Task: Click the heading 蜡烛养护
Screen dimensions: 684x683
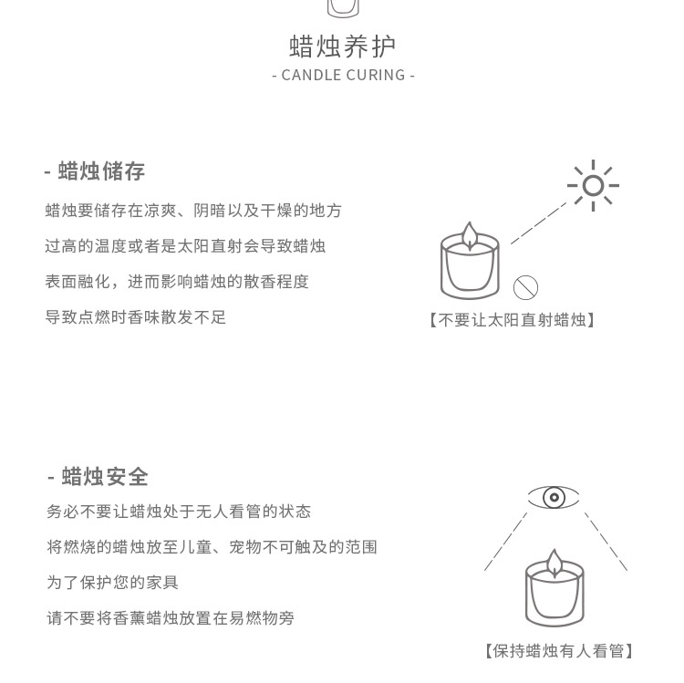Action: [343, 46]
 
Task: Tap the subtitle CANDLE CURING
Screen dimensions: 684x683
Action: [343, 75]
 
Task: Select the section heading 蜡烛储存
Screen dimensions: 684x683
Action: [95, 171]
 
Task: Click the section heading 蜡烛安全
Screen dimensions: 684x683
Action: [98, 476]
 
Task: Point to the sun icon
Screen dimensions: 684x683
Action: [593, 186]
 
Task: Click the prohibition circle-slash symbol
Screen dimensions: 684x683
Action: [525, 288]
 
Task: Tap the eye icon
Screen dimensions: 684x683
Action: [554, 497]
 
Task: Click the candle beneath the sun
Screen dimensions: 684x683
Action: [470, 266]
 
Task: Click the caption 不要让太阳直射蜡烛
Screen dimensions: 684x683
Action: [512, 320]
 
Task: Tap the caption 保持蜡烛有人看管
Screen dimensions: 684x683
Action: [559, 650]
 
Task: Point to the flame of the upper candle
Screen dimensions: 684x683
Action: [470, 235]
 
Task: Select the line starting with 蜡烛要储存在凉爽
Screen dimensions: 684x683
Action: [193, 211]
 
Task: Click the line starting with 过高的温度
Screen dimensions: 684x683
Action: [185, 246]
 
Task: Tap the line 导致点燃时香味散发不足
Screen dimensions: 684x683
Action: [136, 317]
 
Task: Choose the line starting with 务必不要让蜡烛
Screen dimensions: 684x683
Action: [179, 512]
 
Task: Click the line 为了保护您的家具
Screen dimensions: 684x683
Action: [112, 582]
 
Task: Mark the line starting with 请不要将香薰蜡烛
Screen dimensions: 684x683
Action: [171, 618]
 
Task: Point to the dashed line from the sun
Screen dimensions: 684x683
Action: [538, 223]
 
